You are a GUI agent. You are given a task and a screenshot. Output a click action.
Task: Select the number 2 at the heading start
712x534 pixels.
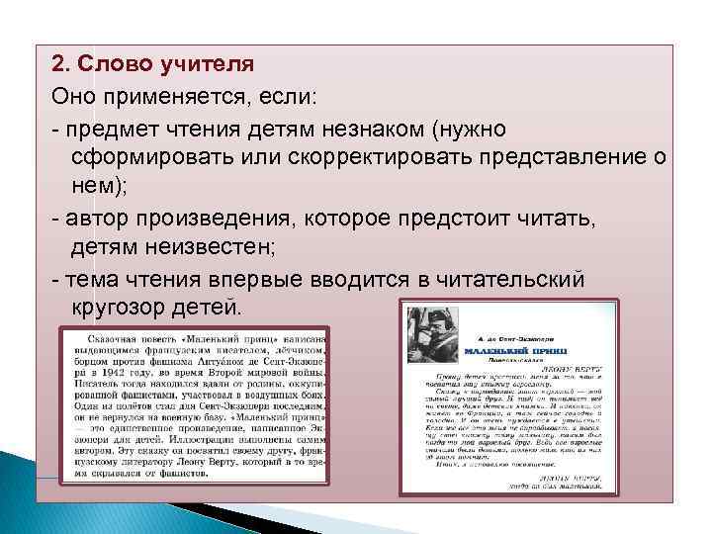coord(58,64)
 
